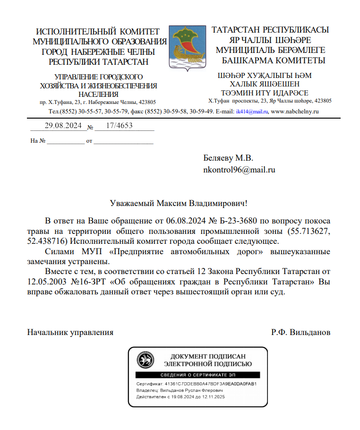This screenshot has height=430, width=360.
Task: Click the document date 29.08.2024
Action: click(x=63, y=126)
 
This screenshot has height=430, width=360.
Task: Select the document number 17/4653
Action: click(x=120, y=126)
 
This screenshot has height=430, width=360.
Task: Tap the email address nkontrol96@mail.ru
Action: click(x=239, y=169)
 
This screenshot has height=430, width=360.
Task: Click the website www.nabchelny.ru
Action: click(x=295, y=112)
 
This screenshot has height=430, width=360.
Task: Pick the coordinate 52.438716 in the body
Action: click(x=46, y=241)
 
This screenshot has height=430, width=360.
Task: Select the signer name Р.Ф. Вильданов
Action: click(x=300, y=332)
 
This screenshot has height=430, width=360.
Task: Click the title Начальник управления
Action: click(x=70, y=332)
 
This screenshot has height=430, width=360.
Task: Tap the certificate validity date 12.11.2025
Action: click(x=212, y=397)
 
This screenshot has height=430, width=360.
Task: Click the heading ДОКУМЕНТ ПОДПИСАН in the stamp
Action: click(x=208, y=356)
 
